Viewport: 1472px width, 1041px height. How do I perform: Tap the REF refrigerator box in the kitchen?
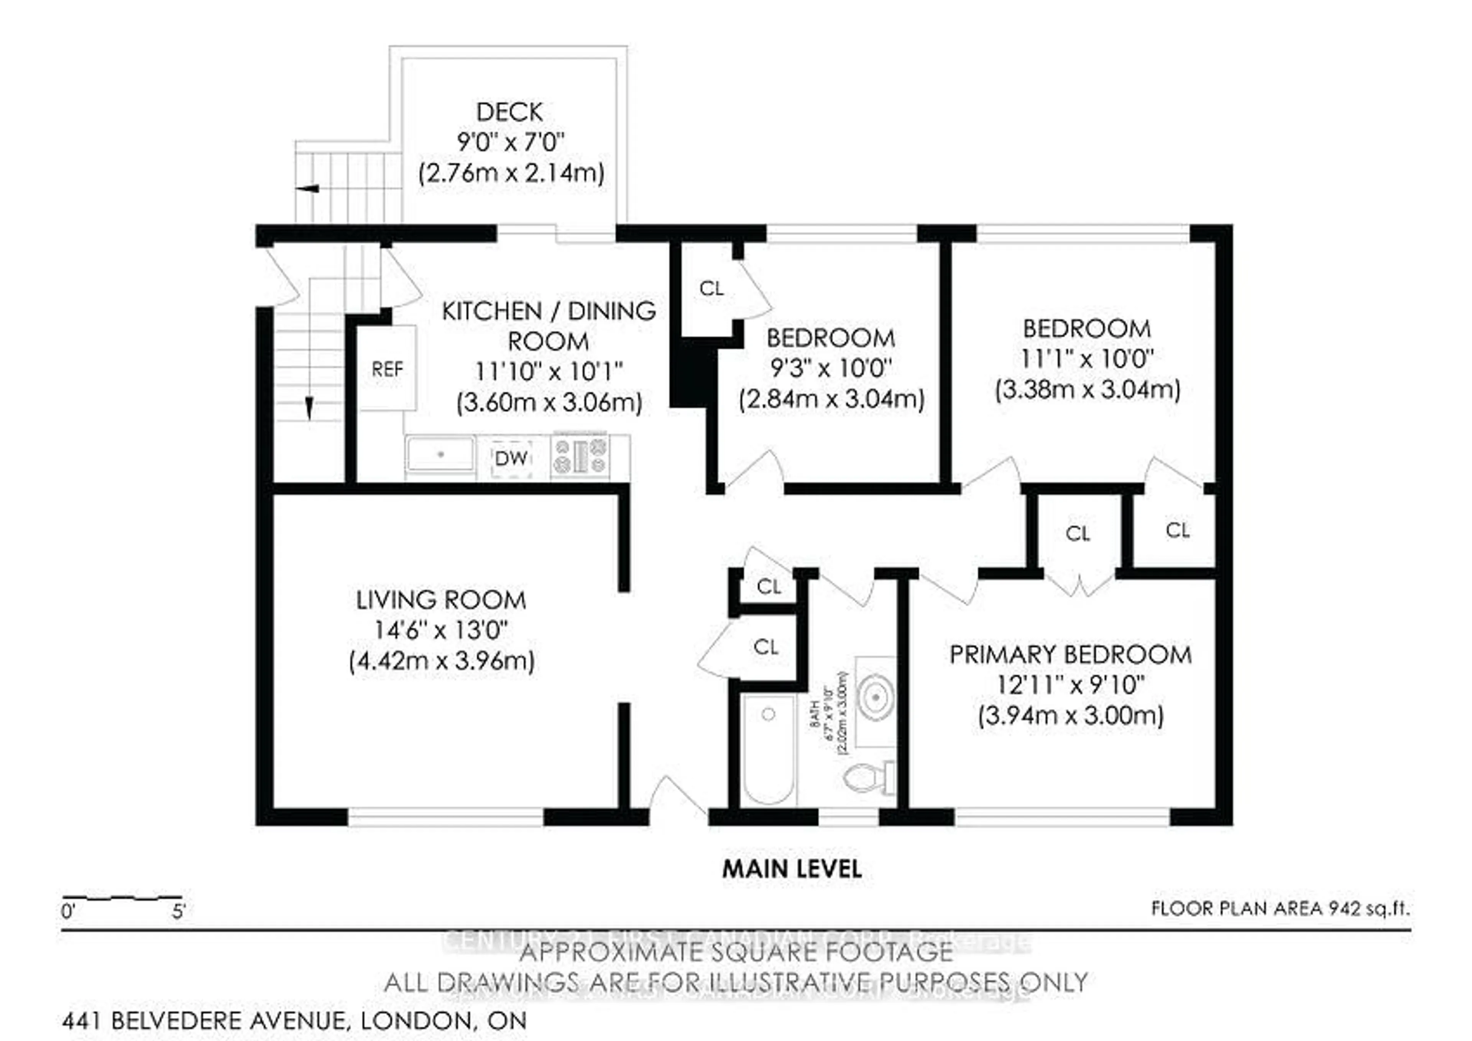387,369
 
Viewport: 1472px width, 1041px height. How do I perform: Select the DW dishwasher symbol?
511,458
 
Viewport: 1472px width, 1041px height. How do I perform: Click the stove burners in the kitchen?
581,455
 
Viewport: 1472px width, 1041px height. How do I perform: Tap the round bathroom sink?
876,696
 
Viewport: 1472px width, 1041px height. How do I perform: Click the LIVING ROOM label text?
441,600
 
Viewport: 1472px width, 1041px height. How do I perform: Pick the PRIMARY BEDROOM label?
1070,655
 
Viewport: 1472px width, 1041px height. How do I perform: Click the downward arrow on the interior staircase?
309,407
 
